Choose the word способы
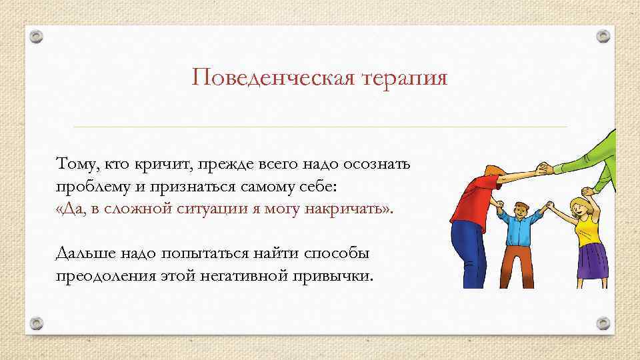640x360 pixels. (341, 254)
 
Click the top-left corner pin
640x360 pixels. (37, 37)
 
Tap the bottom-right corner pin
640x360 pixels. (603, 323)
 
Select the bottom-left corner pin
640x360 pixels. (37, 323)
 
